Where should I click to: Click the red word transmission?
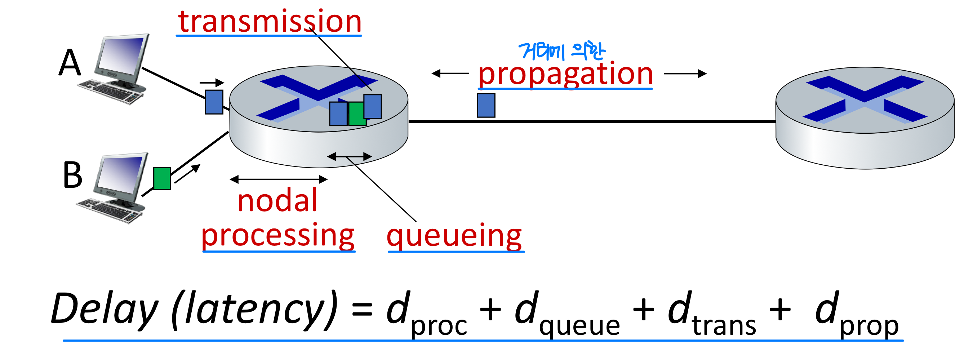pos(270,21)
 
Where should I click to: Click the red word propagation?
pos(565,74)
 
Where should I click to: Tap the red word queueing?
pos(454,236)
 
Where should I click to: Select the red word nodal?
pos(277,201)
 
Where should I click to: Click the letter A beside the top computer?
pos(70,63)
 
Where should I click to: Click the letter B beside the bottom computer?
pos(72,175)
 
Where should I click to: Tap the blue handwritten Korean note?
pos(561,52)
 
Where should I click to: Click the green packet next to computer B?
pos(162,178)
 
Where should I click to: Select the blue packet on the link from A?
pos(214,102)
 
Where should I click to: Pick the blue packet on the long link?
pos(486,106)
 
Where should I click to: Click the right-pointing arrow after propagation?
pos(685,74)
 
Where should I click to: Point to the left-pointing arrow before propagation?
pos(450,74)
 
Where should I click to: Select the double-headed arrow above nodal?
pos(279,179)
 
